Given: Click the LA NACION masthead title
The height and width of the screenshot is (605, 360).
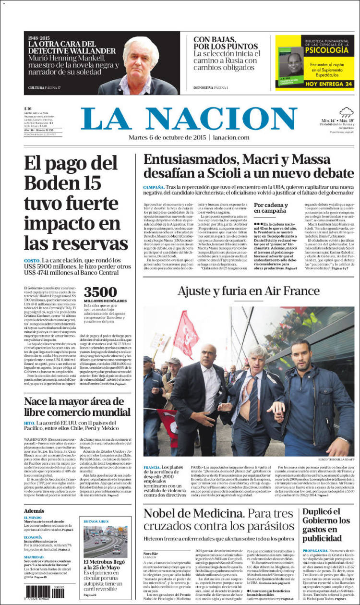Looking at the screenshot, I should coord(189,119).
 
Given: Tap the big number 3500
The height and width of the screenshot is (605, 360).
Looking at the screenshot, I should coord(100,292).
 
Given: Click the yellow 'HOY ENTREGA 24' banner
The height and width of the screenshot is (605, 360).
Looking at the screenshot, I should coord(315,84).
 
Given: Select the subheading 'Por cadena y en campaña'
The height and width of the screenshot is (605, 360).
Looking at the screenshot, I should coord(271,207).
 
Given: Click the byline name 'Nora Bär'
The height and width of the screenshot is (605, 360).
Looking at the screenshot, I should coord(150,553).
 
